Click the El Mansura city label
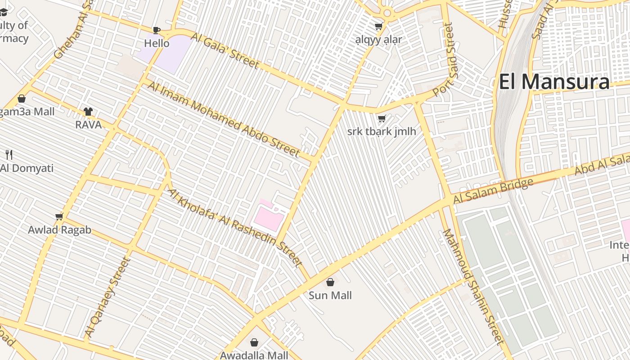point(554,82)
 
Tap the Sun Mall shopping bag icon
point(330,282)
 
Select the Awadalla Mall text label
point(254,355)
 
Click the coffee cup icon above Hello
point(156,30)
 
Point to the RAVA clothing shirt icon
point(88,112)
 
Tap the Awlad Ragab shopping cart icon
point(59,217)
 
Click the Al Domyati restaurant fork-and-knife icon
point(9,155)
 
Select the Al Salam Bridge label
point(493,191)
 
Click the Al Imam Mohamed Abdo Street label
point(223,120)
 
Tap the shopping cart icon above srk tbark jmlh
point(382,119)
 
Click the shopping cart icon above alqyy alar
point(378,27)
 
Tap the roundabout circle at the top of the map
point(387,13)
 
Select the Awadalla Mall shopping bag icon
point(254,342)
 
